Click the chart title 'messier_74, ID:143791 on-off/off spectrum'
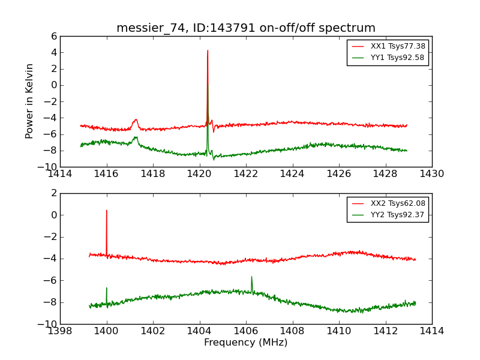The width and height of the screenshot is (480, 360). coord(246,28)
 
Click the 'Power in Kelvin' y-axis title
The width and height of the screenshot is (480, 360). coord(29,101)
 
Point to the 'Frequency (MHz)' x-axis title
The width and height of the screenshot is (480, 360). coord(246,343)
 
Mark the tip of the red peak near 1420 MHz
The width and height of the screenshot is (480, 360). coord(208,50)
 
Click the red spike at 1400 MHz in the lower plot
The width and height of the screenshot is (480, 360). coord(107,211)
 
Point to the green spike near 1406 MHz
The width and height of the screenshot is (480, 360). coord(251,277)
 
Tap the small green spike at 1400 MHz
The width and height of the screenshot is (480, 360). coord(107,288)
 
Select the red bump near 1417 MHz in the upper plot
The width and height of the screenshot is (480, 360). coord(136,120)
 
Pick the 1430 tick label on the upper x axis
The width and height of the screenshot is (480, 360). coord(432,174)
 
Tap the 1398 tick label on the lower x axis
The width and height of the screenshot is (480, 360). coord(60,331)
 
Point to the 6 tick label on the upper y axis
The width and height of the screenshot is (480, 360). coord(53,36)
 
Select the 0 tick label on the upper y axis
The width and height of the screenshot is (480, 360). coord(53,85)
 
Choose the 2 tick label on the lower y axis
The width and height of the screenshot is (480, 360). coord(53,193)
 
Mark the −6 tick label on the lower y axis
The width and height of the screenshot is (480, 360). coord(50,280)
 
